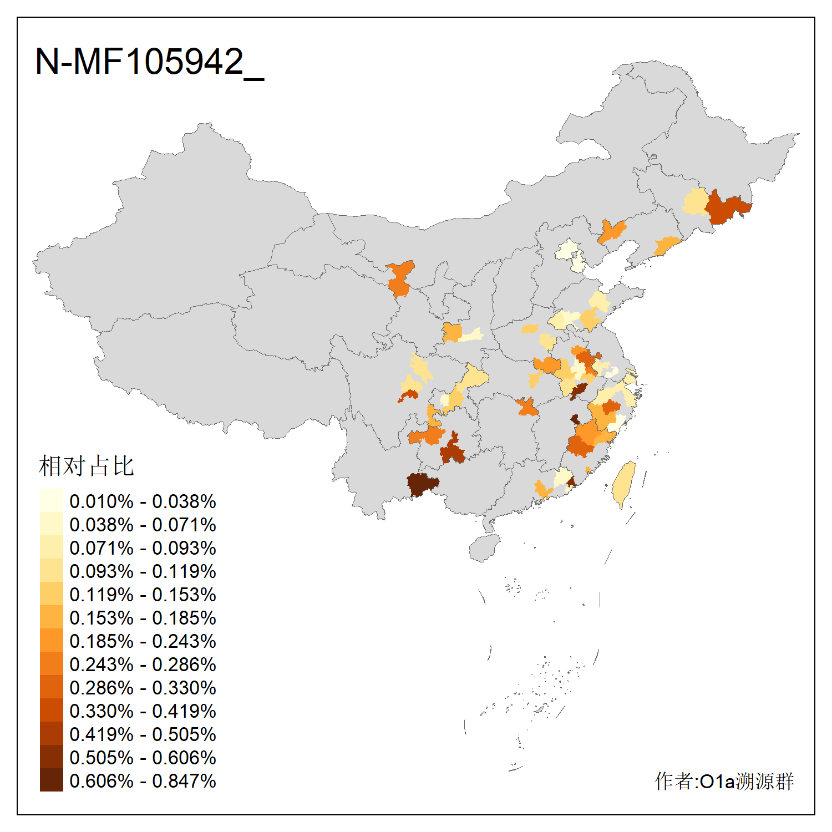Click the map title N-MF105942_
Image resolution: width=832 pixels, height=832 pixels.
click(x=149, y=62)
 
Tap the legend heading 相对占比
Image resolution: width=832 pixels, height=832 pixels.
click(x=87, y=466)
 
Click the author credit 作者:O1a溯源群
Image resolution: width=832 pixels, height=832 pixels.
click(x=724, y=781)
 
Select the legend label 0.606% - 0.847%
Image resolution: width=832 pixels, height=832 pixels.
click(x=143, y=781)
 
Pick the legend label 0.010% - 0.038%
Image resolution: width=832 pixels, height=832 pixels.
click(x=143, y=501)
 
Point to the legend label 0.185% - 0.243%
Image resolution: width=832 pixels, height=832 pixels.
click(x=143, y=641)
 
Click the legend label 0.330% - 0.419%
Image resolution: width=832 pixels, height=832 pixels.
click(x=143, y=711)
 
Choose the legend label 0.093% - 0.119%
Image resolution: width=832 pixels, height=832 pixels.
click(x=143, y=571)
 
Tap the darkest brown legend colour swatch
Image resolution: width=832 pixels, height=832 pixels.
click(x=51, y=780)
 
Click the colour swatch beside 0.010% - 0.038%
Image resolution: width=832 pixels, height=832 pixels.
click(x=51, y=500)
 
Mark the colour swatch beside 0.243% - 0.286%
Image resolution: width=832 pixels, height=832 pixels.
click(x=51, y=663)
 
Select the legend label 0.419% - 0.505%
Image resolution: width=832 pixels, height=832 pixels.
click(x=143, y=734)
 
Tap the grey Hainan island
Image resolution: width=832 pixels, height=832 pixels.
click(x=484, y=548)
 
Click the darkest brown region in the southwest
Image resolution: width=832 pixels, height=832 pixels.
click(x=422, y=484)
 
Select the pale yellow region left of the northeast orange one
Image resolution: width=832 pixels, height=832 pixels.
click(x=696, y=202)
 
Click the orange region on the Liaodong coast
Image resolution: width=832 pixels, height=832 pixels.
click(x=666, y=245)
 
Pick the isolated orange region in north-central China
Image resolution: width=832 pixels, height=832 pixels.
click(x=400, y=279)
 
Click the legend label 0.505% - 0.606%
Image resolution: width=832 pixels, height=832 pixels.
click(x=143, y=758)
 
